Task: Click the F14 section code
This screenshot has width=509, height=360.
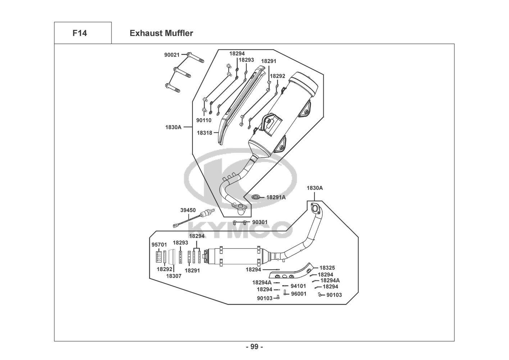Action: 80,33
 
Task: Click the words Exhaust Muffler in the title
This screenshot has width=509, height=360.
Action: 162,33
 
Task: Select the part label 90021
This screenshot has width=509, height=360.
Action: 172,55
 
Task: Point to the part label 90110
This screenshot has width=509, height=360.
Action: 204,120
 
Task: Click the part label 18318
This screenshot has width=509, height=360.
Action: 205,133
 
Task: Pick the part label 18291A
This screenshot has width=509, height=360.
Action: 276,197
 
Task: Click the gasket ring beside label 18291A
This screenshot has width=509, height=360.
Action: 256,197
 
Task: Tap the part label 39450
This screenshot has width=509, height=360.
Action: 188,210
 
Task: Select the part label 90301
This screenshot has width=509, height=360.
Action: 260,222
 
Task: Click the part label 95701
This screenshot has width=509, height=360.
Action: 159,245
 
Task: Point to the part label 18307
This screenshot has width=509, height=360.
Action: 174,276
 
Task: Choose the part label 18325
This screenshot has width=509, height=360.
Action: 327,268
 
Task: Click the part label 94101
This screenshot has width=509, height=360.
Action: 298,286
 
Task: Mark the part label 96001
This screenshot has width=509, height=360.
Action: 299,294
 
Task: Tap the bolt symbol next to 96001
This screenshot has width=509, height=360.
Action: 285,292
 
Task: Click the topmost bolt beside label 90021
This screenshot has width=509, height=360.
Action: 196,57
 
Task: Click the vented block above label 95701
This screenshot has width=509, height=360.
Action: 158,257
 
